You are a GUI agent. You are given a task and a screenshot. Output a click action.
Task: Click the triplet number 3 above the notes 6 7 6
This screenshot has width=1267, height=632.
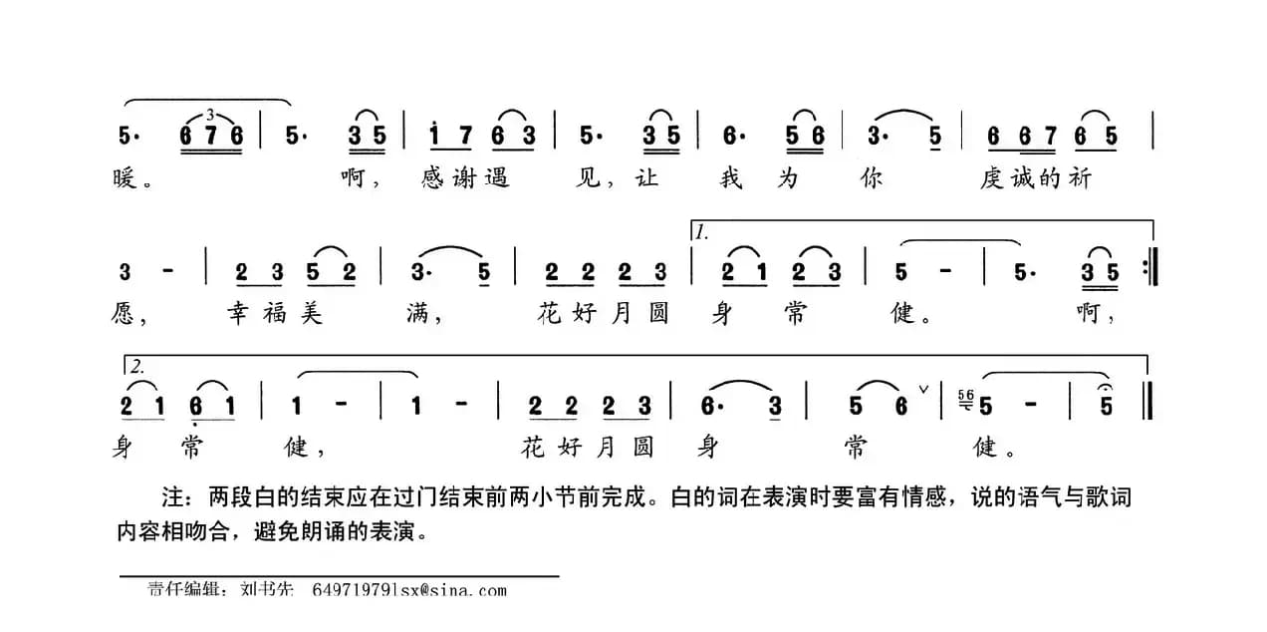coord(210,114)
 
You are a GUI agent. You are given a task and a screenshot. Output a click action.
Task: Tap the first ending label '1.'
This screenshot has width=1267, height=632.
coord(703,232)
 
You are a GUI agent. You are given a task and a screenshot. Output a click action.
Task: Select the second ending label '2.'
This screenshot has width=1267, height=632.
coord(136,366)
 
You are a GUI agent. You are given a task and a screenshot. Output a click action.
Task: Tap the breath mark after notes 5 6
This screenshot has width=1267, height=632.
coord(923,389)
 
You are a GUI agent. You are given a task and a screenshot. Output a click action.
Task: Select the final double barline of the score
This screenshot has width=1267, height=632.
coord(1149,406)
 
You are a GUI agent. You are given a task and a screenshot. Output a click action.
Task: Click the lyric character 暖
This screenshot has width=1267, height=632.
coord(123,180)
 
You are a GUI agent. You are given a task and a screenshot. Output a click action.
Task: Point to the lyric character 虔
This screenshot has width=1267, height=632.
coord(992,179)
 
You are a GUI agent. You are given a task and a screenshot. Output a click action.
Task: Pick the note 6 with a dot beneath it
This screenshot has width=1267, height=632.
coord(200,406)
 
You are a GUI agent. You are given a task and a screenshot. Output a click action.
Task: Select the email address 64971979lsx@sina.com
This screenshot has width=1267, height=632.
coord(408,590)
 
